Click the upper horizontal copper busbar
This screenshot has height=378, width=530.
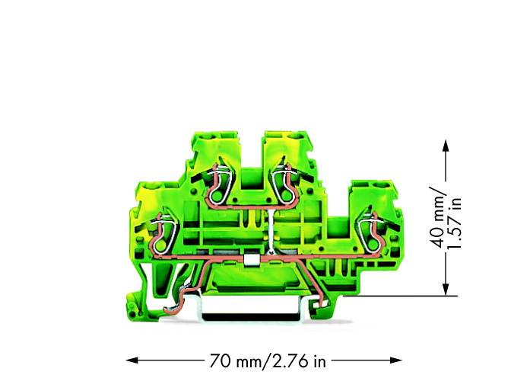coord(251,203)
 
